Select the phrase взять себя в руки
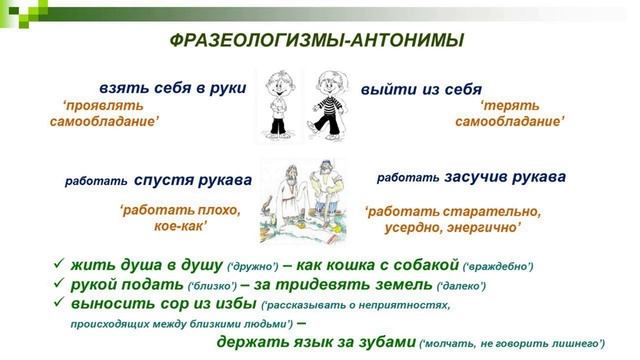pyautogui.click(x=172, y=87)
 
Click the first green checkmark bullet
pyautogui.click(x=59, y=265)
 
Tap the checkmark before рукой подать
pyautogui.click(x=59, y=285)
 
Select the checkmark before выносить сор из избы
pyautogui.click(x=59, y=304)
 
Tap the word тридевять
pyautogui.click(x=329, y=285)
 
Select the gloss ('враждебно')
pyautogui.click(x=498, y=266)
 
